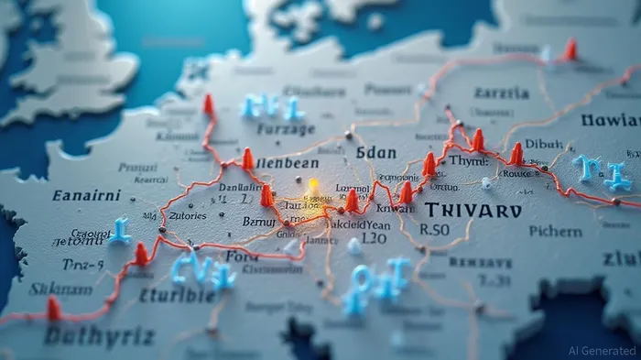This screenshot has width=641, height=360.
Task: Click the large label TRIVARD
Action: (473, 210)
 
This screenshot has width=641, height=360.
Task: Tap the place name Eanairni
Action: (86, 195)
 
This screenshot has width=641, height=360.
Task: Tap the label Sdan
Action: (375, 152)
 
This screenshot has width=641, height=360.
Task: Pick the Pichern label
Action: (555, 232)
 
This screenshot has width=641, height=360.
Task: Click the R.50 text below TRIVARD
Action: (435, 230)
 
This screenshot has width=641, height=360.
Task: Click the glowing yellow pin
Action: (313, 187)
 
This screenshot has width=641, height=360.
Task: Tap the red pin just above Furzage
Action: (209, 104)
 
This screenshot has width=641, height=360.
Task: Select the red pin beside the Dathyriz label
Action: (54, 309)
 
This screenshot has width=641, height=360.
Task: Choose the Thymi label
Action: (468, 160)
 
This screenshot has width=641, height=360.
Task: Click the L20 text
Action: (374, 238)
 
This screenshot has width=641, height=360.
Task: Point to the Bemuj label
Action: (259, 221)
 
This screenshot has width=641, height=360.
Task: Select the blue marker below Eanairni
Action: (119, 230)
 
